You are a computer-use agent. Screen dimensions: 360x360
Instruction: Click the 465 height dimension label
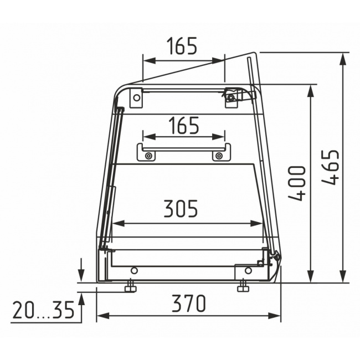pyautogui.click(x=331, y=167)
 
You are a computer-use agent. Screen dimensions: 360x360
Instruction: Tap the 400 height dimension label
pyautogui.click(x=297, y=183)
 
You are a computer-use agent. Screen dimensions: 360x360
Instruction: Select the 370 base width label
pyautogui.click(x=189, y=304)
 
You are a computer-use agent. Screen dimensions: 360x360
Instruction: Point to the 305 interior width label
pyautogui.click(x=181, y=208)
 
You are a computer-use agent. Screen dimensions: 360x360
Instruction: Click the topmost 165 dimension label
pyautogui.click(x=182, y=45)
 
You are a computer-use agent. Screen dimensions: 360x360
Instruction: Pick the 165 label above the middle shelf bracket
pyautogui.click(x=184, y=125)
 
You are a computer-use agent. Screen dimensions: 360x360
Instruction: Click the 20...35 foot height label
pyautogui.click(x=43, y=310)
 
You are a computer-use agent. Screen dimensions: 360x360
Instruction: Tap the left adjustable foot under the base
pyautogui.click(x=130, y=286)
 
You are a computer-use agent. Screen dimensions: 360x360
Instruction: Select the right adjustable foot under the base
pyautogui.click(x=243, y=286)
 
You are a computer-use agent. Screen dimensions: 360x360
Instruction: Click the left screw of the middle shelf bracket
pyautogui.click(x=149, y=156)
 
